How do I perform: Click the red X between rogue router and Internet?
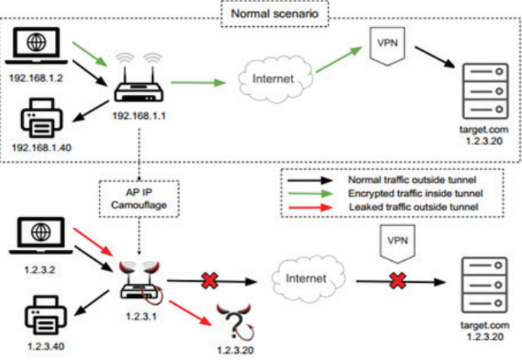(x=209, y=280)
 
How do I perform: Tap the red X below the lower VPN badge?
(x=398, y=280)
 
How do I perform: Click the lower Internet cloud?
(x=305, y=279)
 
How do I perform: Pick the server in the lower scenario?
(x=486, y=286)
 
